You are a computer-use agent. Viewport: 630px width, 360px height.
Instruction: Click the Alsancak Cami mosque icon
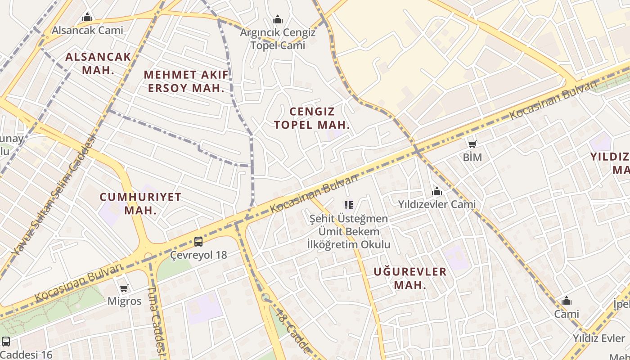coord(87,18)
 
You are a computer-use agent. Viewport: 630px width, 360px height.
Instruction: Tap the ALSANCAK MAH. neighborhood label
coord(98,63)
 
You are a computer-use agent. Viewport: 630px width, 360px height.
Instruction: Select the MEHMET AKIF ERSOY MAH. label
coord(186,81)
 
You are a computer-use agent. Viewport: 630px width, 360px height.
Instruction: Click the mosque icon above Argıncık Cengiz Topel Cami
coord(278,19)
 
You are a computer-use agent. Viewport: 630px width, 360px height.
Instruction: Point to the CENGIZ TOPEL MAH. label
coord(312,118)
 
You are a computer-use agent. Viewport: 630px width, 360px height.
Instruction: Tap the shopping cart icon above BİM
coord(472,144)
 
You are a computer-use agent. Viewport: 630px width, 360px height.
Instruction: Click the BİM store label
coord(472,157)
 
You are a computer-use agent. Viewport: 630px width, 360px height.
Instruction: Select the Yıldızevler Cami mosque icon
coord(436,192)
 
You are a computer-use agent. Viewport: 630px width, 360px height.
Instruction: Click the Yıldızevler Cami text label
coord(436,204)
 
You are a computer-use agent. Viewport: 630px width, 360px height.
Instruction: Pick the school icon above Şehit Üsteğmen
coord(348,205)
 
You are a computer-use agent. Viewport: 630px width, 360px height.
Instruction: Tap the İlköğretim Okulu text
coord(348,245)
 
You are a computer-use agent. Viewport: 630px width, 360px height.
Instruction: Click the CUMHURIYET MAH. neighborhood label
coord(140,203)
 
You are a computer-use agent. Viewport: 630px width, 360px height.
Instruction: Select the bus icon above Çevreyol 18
coord(198,242)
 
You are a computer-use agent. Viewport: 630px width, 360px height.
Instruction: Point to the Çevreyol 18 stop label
coord(198,255)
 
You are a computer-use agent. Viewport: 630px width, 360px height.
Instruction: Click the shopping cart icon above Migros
coord(124,288)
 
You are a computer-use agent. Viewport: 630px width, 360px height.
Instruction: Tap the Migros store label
coord(124,301)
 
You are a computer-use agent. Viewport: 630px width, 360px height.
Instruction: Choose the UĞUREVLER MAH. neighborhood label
coord(410,278)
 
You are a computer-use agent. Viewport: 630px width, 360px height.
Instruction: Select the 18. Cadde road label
coord(293,331)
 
